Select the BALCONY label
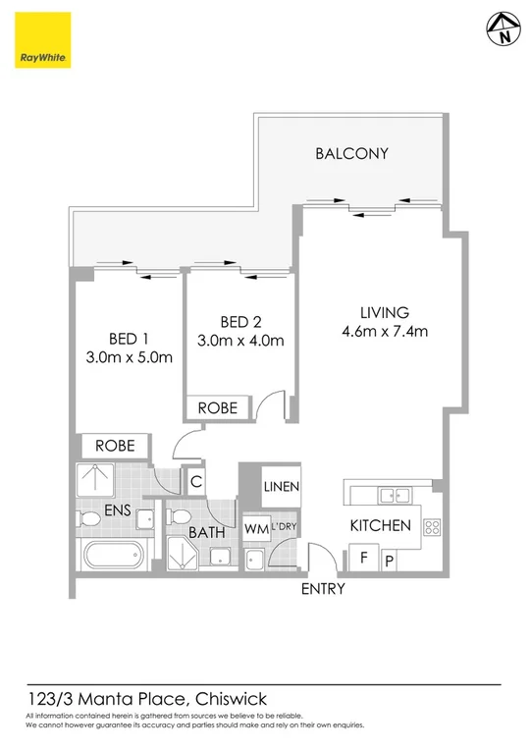click(352, 153)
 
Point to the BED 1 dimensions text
click(130, 356)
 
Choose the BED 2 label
click(240, 321)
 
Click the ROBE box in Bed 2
click(218, 407)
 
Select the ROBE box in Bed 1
click(115, 446)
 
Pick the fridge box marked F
click(363, 557)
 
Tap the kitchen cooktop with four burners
click(432, 527)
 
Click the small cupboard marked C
click(196, 482)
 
